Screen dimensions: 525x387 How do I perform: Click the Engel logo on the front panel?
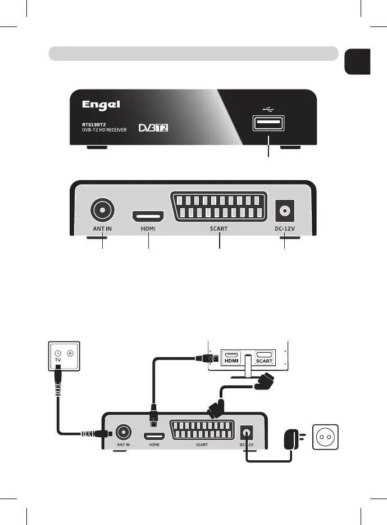tap(102, 106)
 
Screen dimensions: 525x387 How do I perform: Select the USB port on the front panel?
tap(268, 123)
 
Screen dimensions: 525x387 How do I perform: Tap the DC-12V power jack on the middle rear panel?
tap(284, 212)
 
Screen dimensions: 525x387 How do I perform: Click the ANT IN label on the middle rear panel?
tap(102, 229)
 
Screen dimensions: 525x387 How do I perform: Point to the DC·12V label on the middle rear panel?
tap(284, 229)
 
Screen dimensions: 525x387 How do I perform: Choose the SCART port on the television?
tap(265, 357)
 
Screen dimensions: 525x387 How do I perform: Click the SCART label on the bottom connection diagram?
tap(202, 445)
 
